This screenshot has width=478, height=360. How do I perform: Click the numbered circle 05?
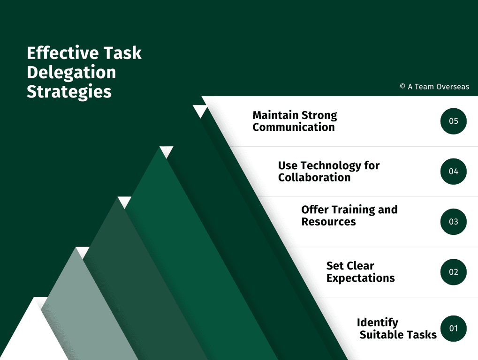453,121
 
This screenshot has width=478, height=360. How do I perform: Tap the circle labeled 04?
453,172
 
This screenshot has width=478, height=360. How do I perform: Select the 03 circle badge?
453,222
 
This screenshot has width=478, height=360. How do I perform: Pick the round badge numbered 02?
453,272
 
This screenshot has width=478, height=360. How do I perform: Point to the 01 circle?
453,328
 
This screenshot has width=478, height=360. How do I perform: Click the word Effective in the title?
63,52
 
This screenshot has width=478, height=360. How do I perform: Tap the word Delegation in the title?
71,73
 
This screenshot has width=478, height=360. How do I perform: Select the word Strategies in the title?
69,92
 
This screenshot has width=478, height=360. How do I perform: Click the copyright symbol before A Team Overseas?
402,87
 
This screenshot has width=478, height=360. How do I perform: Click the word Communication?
294,127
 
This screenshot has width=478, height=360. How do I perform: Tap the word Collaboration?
314,177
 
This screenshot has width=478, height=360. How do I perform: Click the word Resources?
329,221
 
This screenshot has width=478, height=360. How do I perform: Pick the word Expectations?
361,278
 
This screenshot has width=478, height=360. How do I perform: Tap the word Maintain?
275,115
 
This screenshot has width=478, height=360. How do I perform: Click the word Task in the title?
122,52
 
